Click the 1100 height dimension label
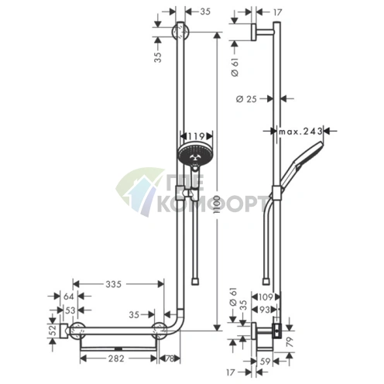217,205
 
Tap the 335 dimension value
114,284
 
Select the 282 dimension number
116,358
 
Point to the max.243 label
300,132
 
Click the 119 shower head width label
196,135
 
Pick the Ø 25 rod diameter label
246,99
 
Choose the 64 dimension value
69,297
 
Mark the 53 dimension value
70,310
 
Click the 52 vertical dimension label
53,331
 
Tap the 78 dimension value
169,358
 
